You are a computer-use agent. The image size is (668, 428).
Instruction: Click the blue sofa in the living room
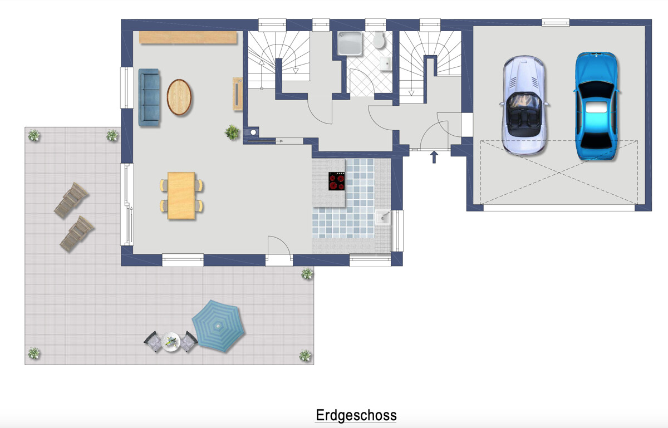coord(149,97)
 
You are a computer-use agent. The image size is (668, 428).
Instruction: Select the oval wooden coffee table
coord(179,97)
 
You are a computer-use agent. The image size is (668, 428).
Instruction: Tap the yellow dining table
coord(181,196)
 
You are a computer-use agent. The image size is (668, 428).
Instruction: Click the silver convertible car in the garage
coord(524,105)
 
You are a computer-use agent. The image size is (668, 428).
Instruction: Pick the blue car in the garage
coord(596,106)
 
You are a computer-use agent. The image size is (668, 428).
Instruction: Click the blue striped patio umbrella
coord(218,326)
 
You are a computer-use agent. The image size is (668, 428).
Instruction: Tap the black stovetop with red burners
coord(337,181)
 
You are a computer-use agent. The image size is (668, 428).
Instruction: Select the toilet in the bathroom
coord(379,40)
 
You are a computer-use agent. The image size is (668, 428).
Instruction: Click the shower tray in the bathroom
coord(350,43)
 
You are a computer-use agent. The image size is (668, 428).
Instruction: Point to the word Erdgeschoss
coord(356,415)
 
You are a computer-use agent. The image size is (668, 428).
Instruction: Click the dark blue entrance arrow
coord(434,157)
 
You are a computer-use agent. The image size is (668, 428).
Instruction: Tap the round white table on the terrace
coord(170,342)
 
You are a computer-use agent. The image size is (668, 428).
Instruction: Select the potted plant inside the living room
coord(232,132)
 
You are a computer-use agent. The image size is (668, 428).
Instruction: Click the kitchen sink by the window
coord(382,217)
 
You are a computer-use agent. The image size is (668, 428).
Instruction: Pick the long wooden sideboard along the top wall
coord(188,38)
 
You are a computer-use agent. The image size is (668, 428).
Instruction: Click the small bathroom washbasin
coord(386,64)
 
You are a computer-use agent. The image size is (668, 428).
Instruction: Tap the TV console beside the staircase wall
coord(238,94)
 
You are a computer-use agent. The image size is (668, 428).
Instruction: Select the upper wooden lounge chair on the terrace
coord(71,200)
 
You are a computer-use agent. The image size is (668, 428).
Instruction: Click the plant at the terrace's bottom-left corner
coord(34,353)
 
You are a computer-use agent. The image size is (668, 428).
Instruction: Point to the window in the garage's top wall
coord(556,22)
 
